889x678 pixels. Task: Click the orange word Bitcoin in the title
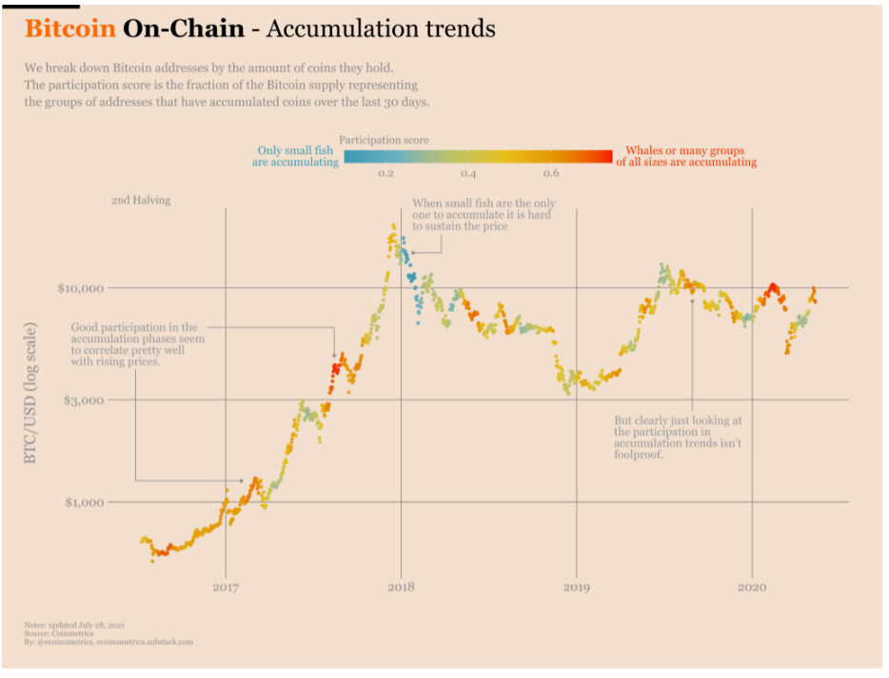(x=70, y=29)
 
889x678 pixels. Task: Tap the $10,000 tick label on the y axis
(x=84, y=287)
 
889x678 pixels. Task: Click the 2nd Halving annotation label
(x=141, y=201)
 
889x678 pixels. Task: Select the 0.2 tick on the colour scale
(x=386, y=174)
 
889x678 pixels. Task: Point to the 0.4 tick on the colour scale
(x=468, y=174)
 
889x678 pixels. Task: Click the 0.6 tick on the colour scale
(x=551, y=174)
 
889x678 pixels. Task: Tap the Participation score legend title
(x=384, y=140)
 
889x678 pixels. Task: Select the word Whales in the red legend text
(x=644, y=150)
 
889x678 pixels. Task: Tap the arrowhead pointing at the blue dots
(x=412, y=252)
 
